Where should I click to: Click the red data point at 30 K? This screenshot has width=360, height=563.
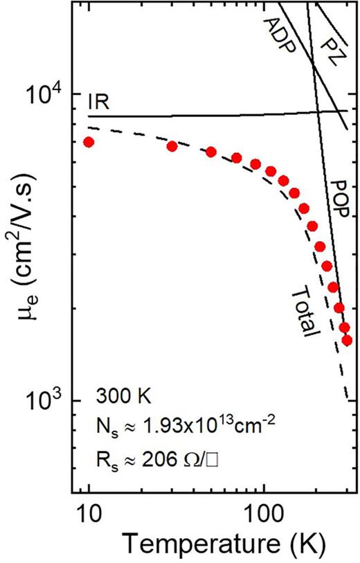point(172,146)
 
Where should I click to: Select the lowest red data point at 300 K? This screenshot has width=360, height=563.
point(347,340)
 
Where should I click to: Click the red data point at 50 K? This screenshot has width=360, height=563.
point(211,152)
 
